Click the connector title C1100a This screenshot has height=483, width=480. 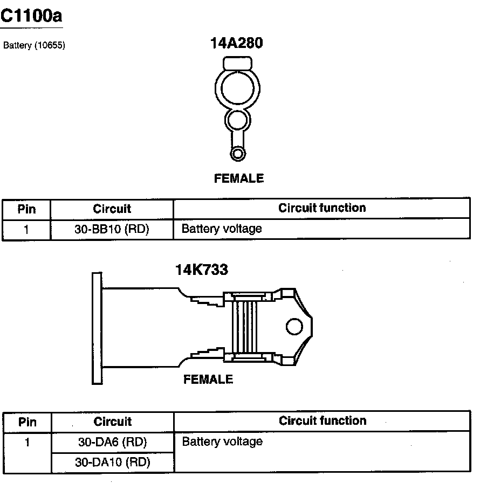click(x=31, y=16)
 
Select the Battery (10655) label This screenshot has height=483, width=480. click(x=34, y=45)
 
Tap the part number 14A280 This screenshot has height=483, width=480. click(x=237, y=43)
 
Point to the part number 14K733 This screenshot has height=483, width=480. click(x=202, y=270)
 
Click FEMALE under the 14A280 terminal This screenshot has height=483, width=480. click(x=239, y=178)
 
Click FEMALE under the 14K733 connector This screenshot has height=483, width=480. click(x=208, y=379)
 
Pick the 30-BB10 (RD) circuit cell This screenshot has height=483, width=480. click(x=112, y=229)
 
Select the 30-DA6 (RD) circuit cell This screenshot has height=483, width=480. click(x=113, y=442)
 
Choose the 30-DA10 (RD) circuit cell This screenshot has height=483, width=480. click(x=113, y=462)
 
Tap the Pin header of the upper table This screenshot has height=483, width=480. click(x=26, y=209)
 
